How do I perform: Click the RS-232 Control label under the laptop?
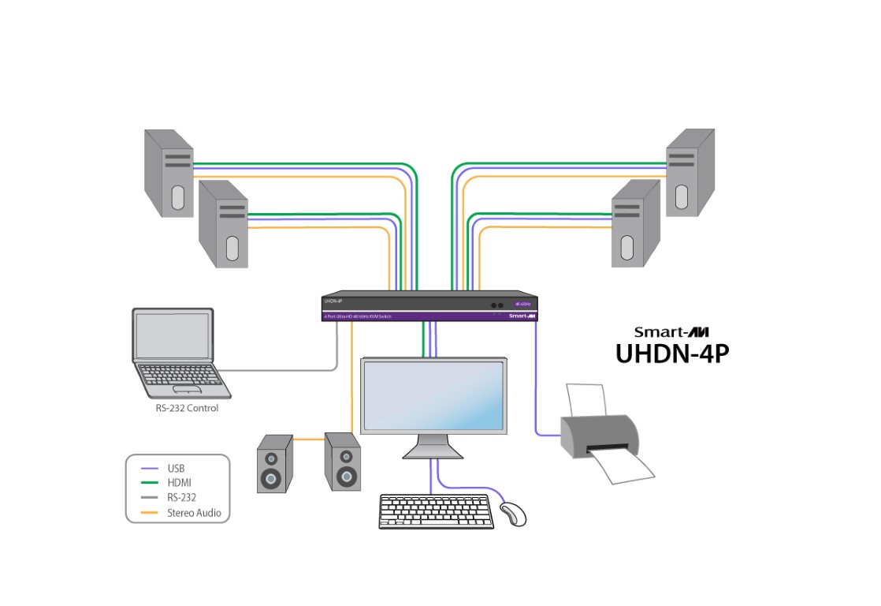(x=187, y=409)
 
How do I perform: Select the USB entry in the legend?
(x=176, y=468)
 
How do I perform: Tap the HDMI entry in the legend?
(x=179, y=483)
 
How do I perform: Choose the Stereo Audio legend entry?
(x=193, y=513)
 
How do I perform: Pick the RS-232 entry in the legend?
(x=181, y=498)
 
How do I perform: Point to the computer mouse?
(x=513, y=514)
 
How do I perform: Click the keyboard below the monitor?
(x=436, y=511)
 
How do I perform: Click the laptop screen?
(x=173, y=335)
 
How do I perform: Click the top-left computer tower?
(x=169, y=173)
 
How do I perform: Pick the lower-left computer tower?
(x=223, y=224)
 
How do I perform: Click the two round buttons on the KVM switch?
(x=497, y=305)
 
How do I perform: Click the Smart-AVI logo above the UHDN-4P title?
(x=671, y=332)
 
